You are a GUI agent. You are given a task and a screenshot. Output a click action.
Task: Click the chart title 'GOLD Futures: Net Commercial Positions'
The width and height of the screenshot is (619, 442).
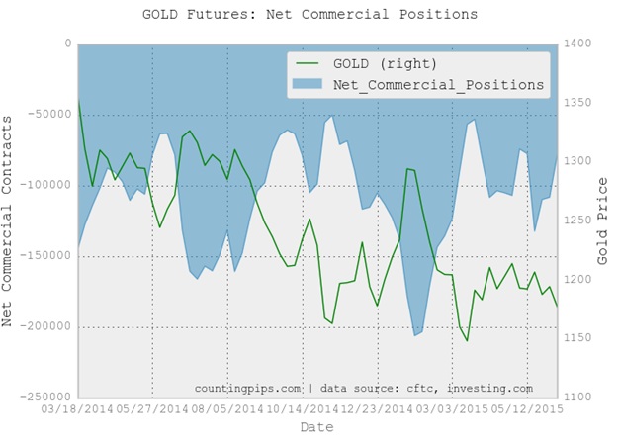click(309, 14)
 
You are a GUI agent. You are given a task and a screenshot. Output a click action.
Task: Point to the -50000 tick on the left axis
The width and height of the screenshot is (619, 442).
click(50, 115)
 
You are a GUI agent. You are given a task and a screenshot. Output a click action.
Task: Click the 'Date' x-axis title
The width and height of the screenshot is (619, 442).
click(317, 427)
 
